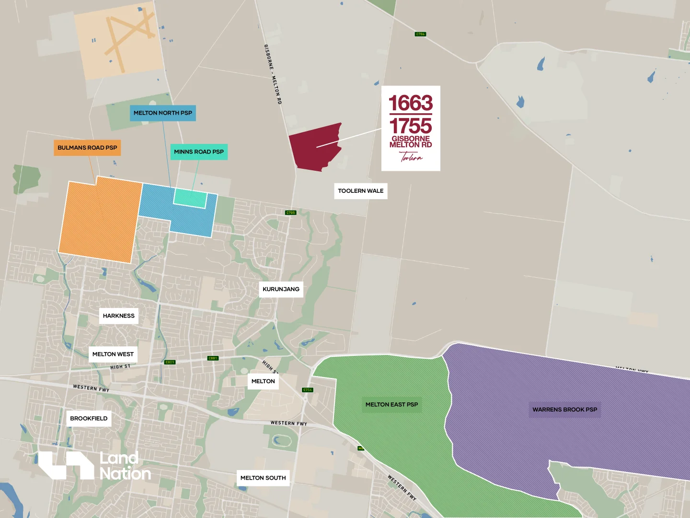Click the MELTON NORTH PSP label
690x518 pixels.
click(x=162, y=113)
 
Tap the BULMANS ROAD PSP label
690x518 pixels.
click(x=87, y=148)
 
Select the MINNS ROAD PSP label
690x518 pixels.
click(x=199, y=152)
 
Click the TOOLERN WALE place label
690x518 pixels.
click(x=360, y=191)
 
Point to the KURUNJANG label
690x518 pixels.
click(x=281, y=289)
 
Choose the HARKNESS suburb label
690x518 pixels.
click(x=118, y=316)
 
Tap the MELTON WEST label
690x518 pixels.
click(x=113, y=354)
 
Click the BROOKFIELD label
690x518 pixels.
click(x=89, y=419)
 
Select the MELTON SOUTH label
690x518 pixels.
click(x=263, y=478)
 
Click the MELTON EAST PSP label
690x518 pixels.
click(x=391, y=405)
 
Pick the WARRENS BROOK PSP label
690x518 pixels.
click(x=564, y=410)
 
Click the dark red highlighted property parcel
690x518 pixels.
click(x=314, y=149)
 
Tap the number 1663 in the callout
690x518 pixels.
click(x=411, y=103)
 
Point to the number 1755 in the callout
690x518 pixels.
click(x=411, y=126)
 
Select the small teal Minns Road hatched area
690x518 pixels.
click(x=189, y=198)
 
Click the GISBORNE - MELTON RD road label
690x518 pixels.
click(x=273, y=74)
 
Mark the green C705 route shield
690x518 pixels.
click(x=290, y=212)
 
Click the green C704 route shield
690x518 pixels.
click(x=420, y=34)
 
